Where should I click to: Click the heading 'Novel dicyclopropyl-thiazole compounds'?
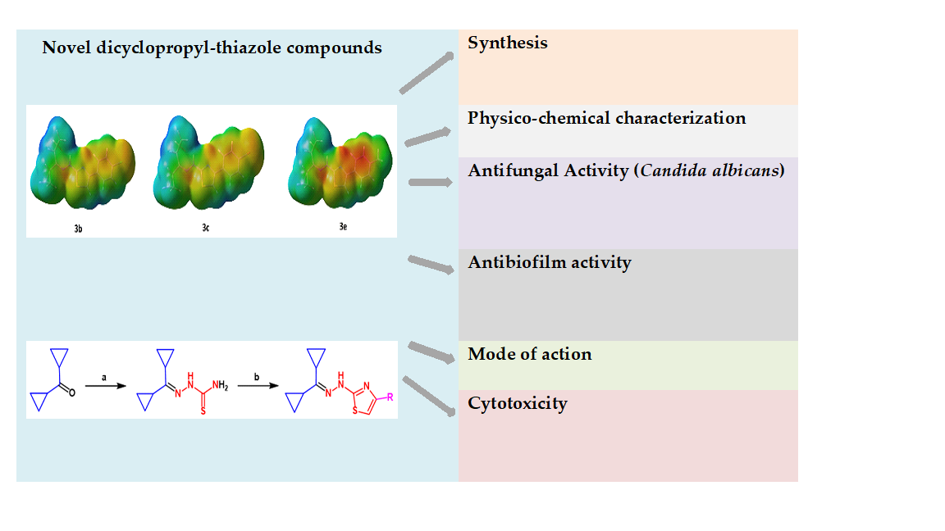tap(212, 48)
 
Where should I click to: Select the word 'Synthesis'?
tap(508, 43)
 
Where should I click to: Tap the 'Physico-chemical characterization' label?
tap(607, 118)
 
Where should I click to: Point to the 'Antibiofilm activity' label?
tap(550, 262)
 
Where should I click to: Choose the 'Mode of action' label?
tap(530, 354)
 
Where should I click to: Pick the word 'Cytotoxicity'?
tap(518, 403)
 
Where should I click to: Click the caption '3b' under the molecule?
tap(77, 229)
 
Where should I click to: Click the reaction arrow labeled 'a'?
tap(105, 384)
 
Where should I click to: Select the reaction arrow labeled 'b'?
tap(256, 384)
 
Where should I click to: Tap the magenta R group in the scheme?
tap(390, 397)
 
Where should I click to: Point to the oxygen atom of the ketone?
tap(72, 393)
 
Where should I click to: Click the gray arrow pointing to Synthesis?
tap(427, 74)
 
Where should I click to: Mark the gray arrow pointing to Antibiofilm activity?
tap(431, 265)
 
